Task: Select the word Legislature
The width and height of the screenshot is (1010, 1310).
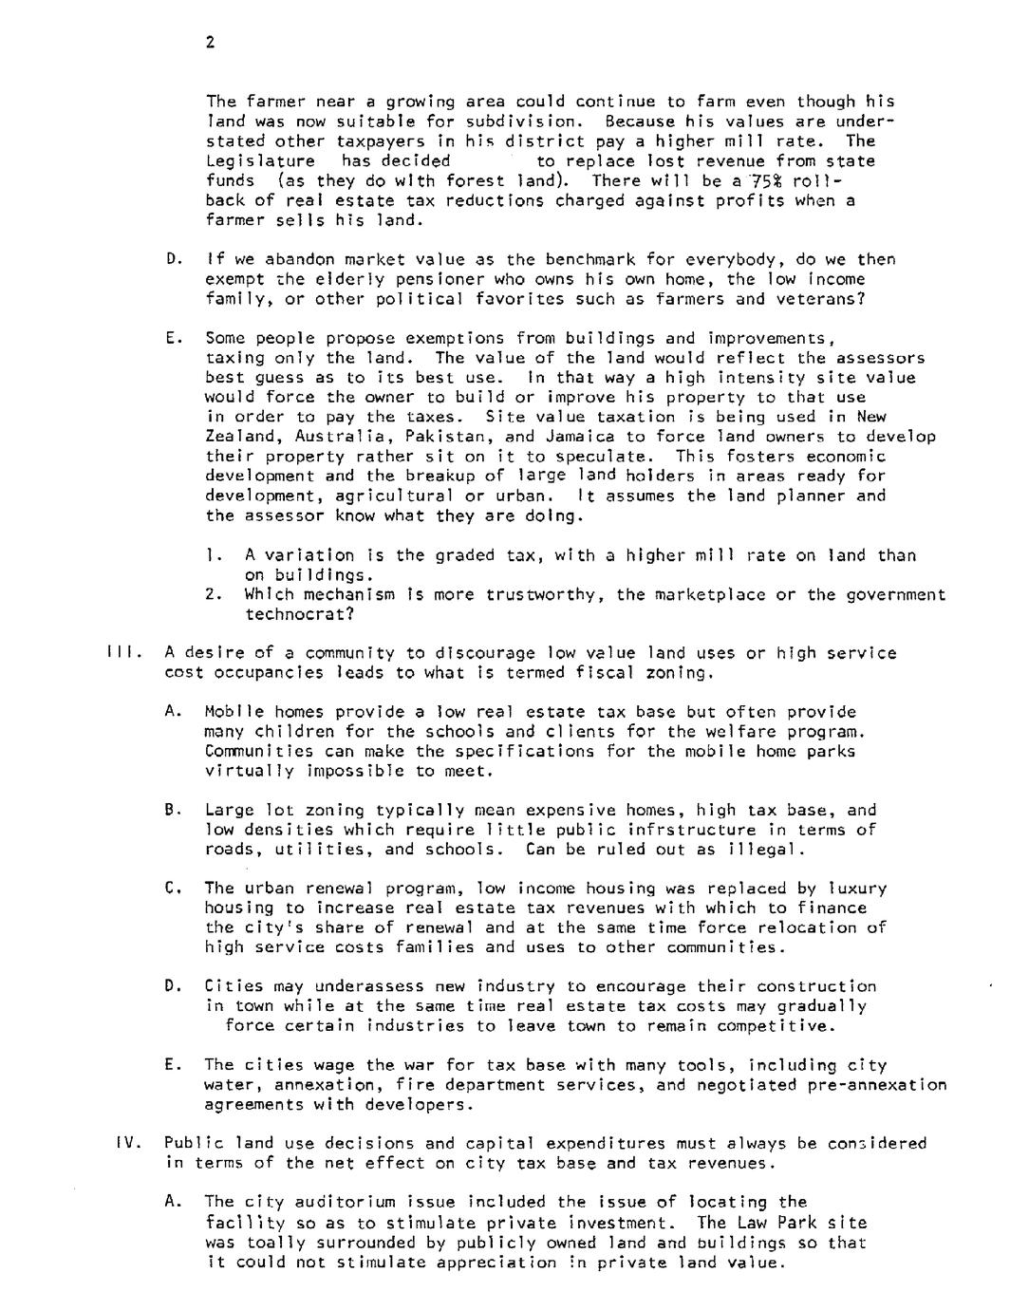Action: click(259, 161)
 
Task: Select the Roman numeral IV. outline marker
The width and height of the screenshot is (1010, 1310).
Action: click(128, 1143)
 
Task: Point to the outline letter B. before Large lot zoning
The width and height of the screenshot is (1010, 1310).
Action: click(172, 811)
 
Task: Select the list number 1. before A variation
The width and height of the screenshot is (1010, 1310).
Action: click(213, 555)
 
